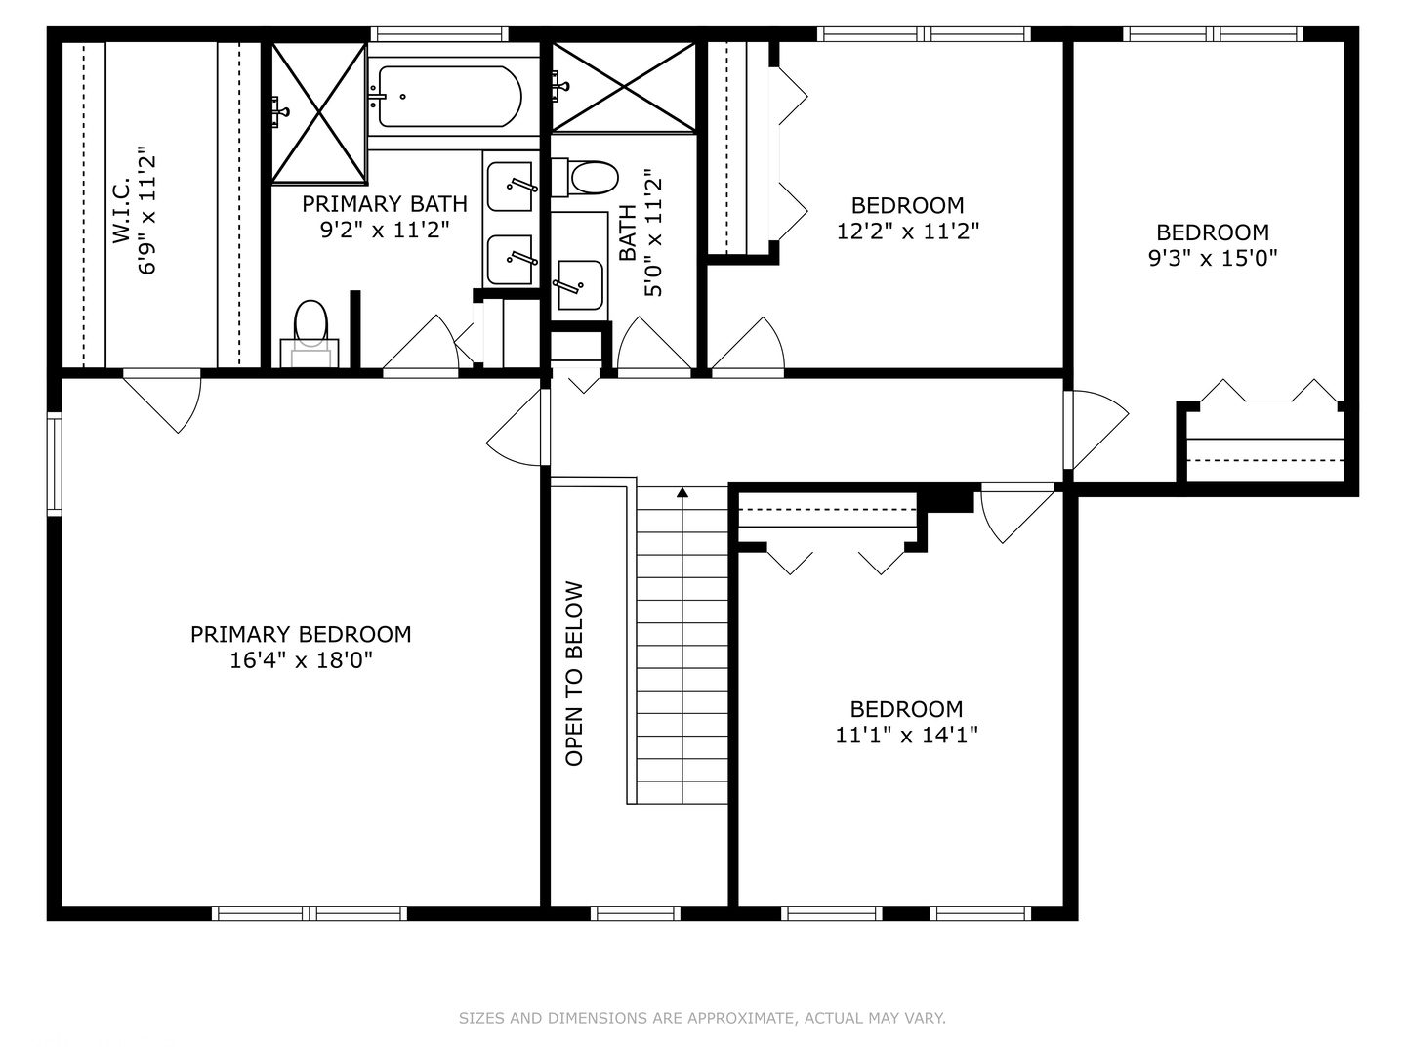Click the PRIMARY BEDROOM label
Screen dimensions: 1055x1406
[x=301, y=634]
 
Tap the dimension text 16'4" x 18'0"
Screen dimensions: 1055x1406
[x=301, y=660]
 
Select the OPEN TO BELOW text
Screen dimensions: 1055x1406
[x=574, y=674]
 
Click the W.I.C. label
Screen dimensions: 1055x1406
[x=121, y=212]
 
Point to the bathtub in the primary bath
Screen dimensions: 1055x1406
[x=449, y=97]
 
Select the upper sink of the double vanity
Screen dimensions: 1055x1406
[x=511, y=186]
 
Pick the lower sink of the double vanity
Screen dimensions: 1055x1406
[x=511, y=260]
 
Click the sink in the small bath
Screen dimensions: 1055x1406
[x=579, y=284]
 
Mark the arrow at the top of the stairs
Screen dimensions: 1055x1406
[x=682, y=493]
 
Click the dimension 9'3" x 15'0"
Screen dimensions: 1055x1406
[x=1213, y=258]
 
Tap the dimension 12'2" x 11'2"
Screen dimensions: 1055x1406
[x=908, y=231]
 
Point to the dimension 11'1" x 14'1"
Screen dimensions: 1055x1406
[x=906, y=735]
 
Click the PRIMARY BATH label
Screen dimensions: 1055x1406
[x=384, y=204]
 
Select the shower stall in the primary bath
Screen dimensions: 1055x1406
[x=318, y=112]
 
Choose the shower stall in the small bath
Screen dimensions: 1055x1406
[x=624, y=87]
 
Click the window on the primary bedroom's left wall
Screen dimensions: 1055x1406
[x=54, y=463]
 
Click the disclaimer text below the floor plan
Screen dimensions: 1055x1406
[x=702, y=1018]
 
